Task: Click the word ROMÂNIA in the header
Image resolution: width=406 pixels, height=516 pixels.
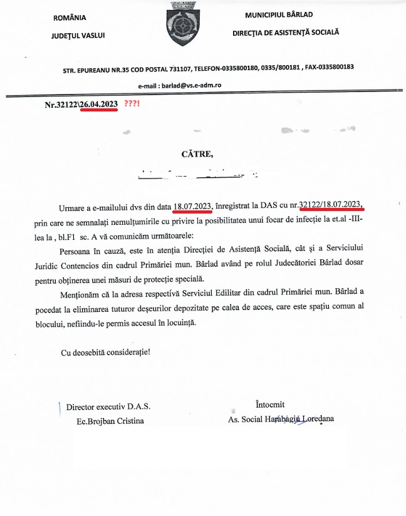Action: click(70, 18)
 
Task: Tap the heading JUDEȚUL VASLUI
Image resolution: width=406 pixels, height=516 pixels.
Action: click(78, 36)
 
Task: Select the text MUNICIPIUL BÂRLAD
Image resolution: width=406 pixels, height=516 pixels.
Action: click(279, 14)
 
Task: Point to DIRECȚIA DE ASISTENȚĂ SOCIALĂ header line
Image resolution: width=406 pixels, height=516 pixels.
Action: click(285, 31)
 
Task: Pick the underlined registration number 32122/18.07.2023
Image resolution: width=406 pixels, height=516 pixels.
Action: click(331, 205)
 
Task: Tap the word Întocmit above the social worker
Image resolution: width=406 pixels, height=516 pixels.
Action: click(270, 405)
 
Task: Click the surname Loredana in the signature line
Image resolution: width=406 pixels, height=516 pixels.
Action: click(318, 419)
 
